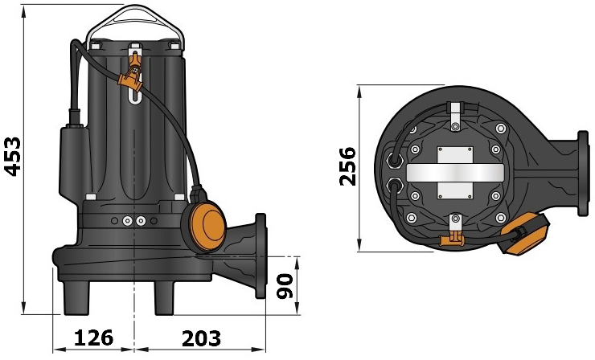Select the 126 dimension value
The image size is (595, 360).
pyautogui.click(x=93, y=337)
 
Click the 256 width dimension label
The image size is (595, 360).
pyautogui.click(x=347, y=166)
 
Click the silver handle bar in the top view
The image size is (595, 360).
pyautogui.click(x=455, y=172)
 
